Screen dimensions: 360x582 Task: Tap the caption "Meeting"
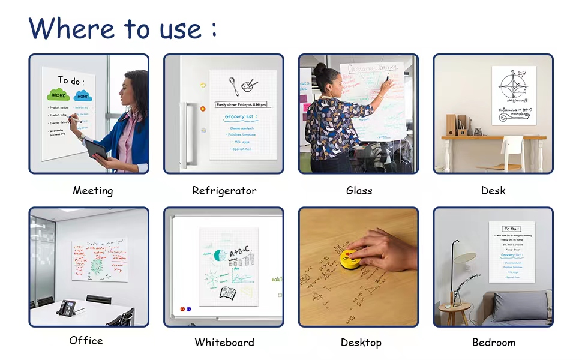[x=93, y=191]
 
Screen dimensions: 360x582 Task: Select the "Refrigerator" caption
[x=224, y=191]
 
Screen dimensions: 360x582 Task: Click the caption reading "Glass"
[x=359, y=191]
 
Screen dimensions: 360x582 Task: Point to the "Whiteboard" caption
[x=224, y=343]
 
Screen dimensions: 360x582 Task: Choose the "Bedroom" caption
[x=494, y=343]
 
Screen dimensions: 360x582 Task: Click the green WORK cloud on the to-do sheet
[x=58, y=95]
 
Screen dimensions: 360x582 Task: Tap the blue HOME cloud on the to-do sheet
[x=82, y=95]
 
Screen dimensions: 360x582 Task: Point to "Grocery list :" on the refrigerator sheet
[x=241, y=117]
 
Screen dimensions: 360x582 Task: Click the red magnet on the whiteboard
[x=182, y=309]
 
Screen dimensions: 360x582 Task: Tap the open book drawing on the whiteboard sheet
[x=227, y=293]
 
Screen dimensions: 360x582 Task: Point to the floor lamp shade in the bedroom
[x=464, y=258]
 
